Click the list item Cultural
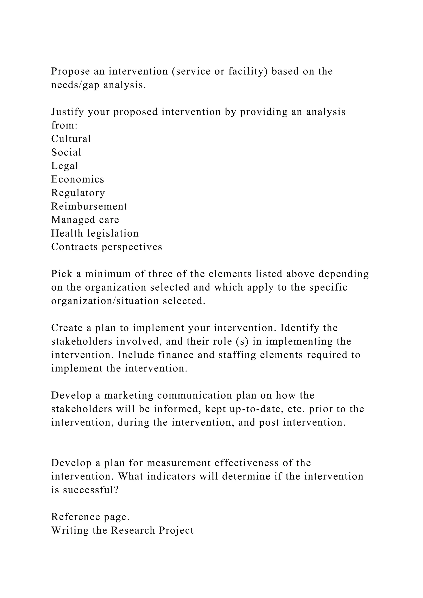71,139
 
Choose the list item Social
66,152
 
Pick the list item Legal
65,166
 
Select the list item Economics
78,179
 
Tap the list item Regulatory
78,193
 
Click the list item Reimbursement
89,206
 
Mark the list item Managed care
85,220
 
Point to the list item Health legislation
95,233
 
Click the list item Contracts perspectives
107,247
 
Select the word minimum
108,274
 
